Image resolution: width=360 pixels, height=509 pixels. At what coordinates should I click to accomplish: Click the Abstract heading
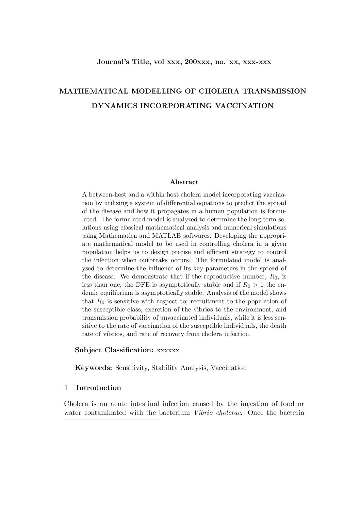[x=184, y=182]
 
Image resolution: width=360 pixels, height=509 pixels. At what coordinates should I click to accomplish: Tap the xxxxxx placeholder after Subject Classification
[x=168, y=350]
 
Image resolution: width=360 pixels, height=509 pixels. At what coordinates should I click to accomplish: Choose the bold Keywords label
[x=94, y=368]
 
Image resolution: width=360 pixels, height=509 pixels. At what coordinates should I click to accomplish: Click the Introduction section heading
[x=99, y=388]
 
